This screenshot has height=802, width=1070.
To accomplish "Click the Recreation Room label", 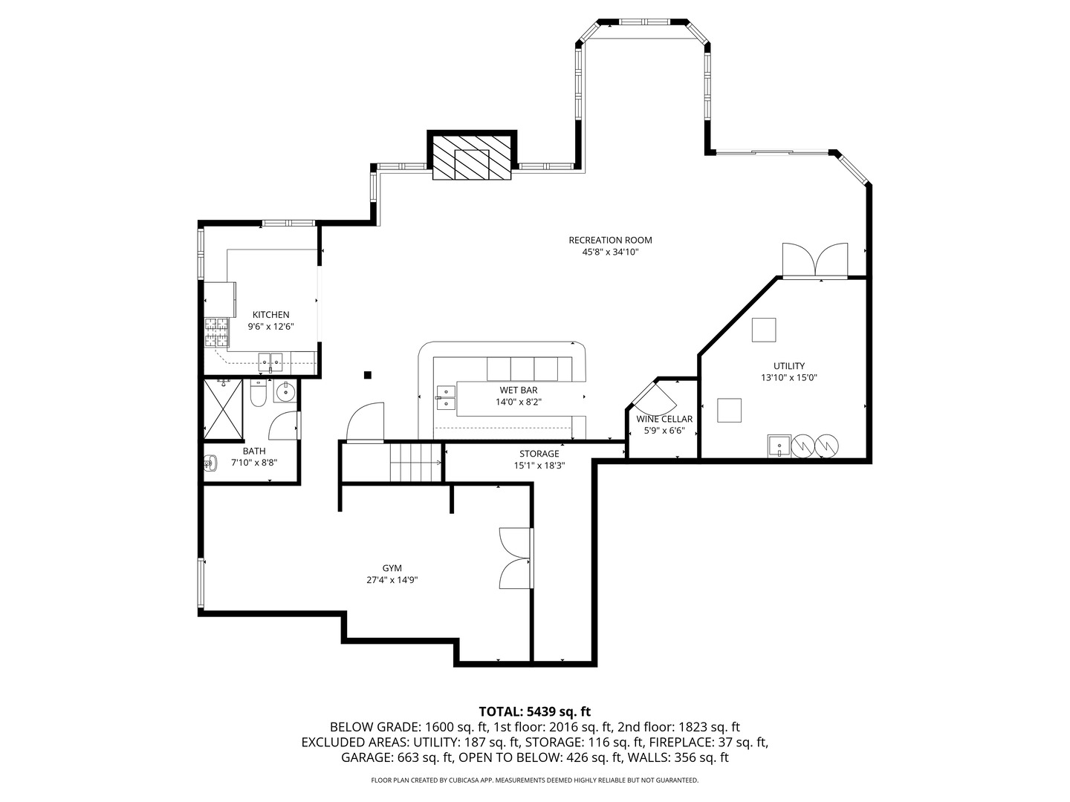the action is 610,240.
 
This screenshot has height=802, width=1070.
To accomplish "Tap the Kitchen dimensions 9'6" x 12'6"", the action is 271,327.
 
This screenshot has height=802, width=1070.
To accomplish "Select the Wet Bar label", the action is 519,390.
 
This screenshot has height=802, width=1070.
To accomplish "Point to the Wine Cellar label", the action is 664,419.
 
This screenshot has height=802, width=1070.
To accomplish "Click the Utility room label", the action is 788,365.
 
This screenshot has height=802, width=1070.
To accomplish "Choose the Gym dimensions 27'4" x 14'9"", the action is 392,580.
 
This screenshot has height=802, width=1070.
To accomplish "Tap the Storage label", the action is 539,453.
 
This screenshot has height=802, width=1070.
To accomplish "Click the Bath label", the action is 254,451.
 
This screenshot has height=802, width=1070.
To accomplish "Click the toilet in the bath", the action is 258,393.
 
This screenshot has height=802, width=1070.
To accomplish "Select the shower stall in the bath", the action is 223,409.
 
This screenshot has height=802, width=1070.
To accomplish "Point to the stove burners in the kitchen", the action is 216,332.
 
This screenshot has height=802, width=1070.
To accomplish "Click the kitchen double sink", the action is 270,361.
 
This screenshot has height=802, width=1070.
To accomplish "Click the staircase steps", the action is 415,463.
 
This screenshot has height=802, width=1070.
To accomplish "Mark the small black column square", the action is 368,374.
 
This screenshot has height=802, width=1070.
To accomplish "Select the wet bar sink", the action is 446,397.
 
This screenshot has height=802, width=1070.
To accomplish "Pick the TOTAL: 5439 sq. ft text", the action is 535,711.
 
